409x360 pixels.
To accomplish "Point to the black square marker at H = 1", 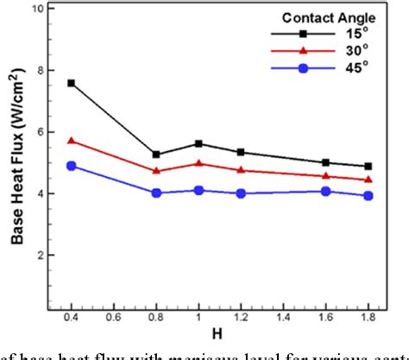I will point(198,143).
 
